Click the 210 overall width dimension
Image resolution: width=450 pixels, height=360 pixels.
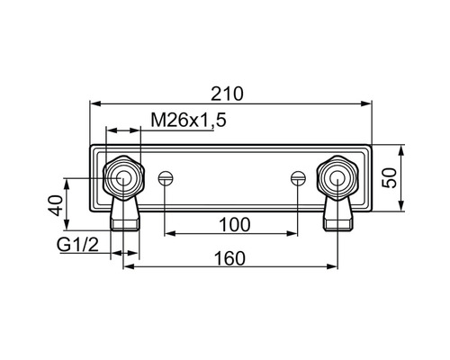(x=227, y=94)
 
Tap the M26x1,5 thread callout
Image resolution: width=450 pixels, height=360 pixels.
(x=188, y=121)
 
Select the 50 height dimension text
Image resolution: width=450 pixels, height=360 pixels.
(x=390, y=178)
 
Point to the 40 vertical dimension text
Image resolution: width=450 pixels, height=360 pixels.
(x=56, y=205)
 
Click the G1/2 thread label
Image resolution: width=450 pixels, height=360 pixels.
(x=77, y=245)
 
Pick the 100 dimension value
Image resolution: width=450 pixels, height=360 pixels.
(x=235, y=225)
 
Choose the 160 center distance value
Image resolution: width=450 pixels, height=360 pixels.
(x=229, y=258)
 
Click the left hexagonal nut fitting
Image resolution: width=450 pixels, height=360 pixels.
(x=123, y=178)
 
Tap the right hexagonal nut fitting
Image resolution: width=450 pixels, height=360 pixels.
(x=337, y=178)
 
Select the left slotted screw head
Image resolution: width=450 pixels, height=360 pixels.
(x=166, y=178)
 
